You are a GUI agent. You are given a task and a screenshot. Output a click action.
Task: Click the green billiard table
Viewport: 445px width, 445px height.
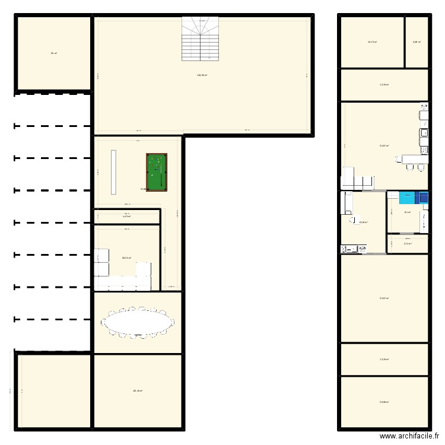coord(157,173)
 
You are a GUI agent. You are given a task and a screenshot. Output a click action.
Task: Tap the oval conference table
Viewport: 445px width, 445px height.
coord(139,323)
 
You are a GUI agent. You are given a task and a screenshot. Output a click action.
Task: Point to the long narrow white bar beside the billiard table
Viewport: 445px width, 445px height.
coord(113,171)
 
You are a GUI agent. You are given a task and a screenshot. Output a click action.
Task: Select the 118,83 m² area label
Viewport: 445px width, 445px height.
coord(202,75)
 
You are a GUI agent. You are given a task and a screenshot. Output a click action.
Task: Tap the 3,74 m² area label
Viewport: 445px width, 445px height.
coord(408,243)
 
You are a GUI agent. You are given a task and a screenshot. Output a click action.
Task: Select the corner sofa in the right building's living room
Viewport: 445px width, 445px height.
coord(356,179)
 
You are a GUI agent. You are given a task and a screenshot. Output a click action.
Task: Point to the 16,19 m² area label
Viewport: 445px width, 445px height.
coord(372,42)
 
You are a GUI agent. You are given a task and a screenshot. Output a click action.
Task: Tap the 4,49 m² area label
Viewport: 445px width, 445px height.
coord(126,217)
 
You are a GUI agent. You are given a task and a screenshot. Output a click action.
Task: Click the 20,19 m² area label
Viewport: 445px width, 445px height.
coord(138,390)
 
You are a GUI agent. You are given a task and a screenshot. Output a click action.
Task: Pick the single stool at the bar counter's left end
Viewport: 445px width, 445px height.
coord(409,168)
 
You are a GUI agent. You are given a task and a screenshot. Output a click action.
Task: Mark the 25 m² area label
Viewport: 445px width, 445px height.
coord(53,53)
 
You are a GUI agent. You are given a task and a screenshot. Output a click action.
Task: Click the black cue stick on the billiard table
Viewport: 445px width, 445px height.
coord(162,174)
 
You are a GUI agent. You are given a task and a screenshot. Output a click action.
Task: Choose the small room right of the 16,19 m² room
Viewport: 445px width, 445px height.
coord(417,42)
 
